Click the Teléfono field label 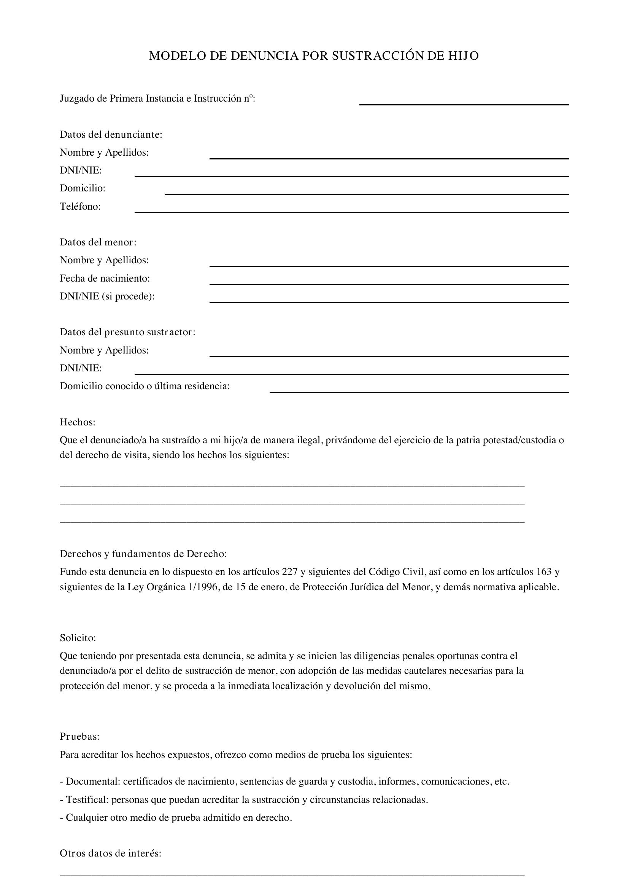80,206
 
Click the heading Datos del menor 98,242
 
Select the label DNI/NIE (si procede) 107,296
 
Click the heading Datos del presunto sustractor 127,332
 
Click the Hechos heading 78,422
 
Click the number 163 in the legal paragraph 544,572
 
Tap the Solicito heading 78,638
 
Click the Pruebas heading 80,736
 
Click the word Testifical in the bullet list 87,799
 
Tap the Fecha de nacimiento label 105,278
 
